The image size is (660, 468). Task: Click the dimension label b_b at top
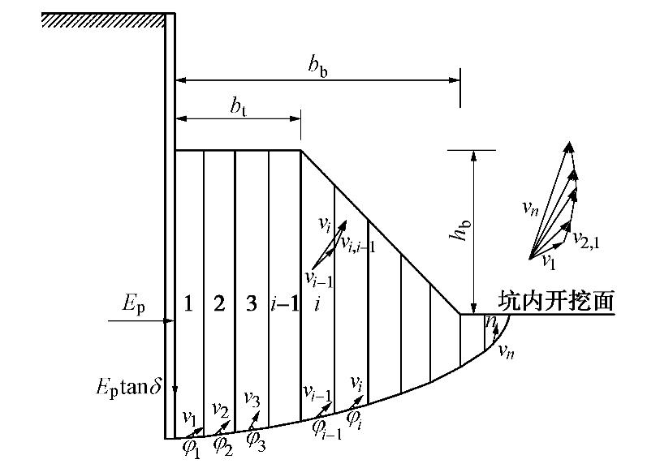click(x=317, y=69)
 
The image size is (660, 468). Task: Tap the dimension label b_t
click(x=239, y=107)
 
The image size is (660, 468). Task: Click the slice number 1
click(x=188, y=304)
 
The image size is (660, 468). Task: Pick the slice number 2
click(x=219, y=304)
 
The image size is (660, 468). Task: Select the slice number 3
click(x=251, y=304)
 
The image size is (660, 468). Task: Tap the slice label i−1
click(x=283, y=304)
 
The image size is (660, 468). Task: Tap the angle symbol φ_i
click(x=355, y=418)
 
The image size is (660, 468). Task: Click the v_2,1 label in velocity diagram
click(x=586, y=238)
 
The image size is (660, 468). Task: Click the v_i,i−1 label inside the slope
click(x=357, y=245)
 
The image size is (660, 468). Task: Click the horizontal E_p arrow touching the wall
click(x=141, y=321)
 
